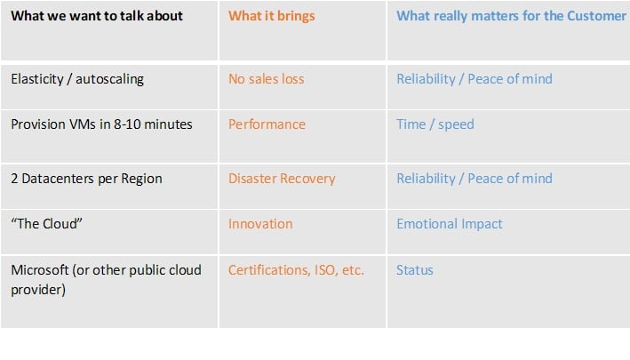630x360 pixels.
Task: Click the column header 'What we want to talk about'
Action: coord(97,16)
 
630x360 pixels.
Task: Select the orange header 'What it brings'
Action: coord(272,17)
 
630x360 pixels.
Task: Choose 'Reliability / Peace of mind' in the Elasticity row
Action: coord(474,79)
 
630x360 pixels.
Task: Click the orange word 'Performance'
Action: coord(267,124)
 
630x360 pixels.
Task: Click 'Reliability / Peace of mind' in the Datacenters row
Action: coord(474,179)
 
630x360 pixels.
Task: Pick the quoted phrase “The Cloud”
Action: coord(46,224)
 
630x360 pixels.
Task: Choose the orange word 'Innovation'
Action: coord(260,224)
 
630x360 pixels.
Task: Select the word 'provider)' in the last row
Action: coord(38,290)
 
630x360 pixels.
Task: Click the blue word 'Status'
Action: coord(415,270)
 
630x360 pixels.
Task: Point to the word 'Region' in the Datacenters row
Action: coord(141,179)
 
